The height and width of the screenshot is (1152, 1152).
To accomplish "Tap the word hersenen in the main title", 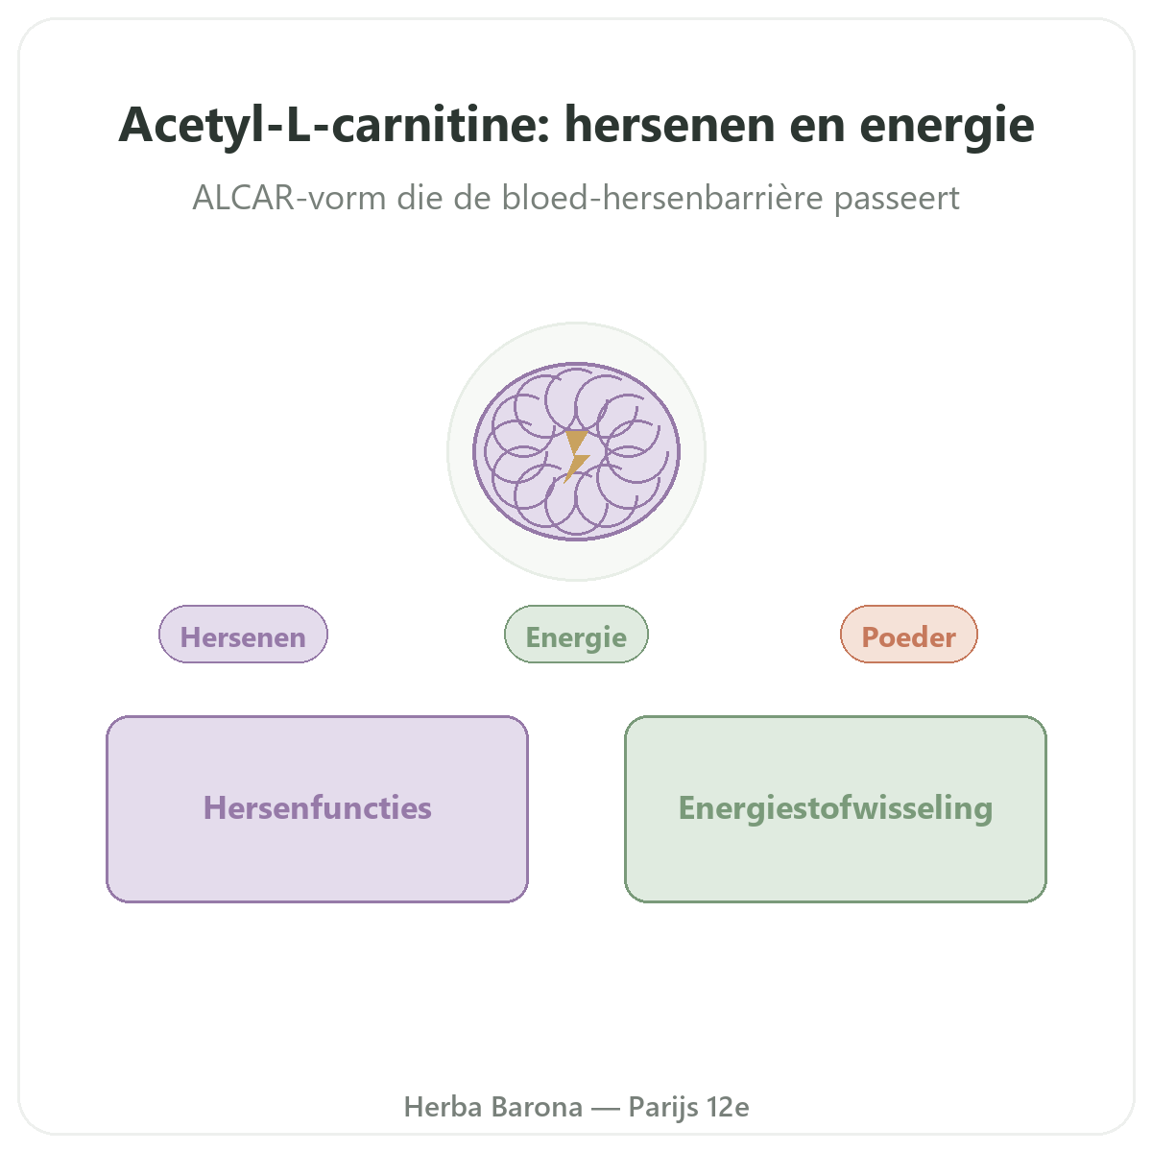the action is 669,126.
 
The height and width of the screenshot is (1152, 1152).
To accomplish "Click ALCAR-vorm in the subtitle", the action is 289,198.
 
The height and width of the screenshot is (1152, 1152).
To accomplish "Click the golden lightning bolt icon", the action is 576,456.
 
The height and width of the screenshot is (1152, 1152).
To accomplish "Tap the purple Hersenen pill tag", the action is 243,635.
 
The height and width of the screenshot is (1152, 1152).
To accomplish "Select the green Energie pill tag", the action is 576,635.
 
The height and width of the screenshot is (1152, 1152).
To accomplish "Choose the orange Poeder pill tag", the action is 909,635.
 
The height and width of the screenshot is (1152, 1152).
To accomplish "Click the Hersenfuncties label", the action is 318,807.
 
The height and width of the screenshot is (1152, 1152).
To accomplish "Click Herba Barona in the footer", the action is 493,1107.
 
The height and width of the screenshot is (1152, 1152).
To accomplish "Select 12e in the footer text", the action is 728,1107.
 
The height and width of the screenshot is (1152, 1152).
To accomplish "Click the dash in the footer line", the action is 606,1109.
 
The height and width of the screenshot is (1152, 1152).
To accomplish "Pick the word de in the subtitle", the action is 472,197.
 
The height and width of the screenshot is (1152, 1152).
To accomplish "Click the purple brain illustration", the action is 576,451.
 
